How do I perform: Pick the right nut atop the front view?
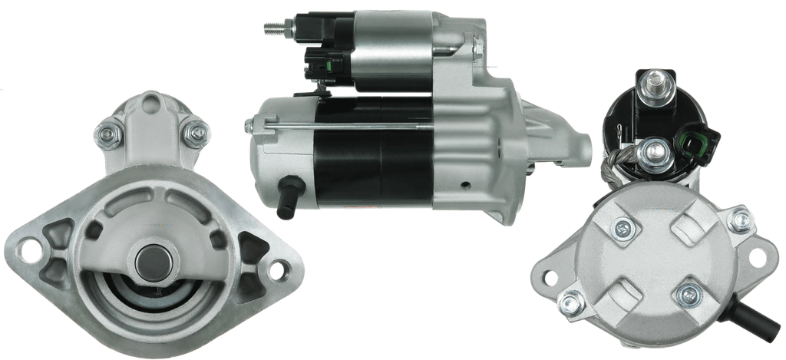pos(196,133)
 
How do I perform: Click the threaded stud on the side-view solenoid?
pos(269,28)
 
